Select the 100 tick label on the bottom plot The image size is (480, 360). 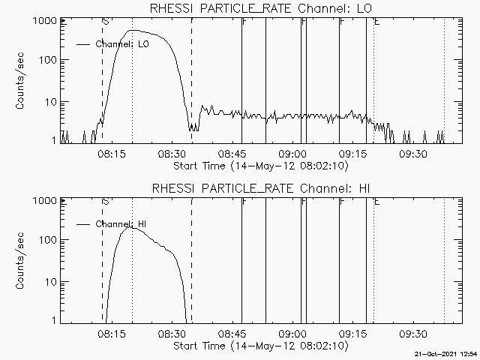click(x=46, y=240)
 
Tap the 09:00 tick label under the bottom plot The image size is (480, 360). click(x=293, y=334)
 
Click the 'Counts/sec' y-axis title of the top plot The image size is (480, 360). click(x=20, y=81)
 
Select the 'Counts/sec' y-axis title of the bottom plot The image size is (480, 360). click(x=20, y=261)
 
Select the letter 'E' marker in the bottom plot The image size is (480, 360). click(x=376, y=202)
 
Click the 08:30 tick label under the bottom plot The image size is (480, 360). click(x=172, y=334)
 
